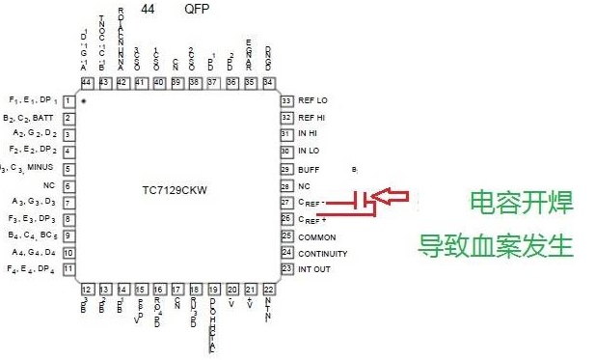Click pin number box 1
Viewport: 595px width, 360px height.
pos(69,100)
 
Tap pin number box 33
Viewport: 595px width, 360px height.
pos(286,100)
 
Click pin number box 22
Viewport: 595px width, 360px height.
pos(268,289)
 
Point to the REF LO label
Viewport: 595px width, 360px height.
pos(313,100)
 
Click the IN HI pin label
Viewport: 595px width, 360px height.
pos(309,134)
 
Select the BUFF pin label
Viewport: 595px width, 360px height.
pos(308,169)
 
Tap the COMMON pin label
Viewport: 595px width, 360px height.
pos(316,236)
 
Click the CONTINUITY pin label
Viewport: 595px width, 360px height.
pos(322,253)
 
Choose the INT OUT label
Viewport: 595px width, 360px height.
pos(313,269)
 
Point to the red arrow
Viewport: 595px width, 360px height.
pos(395,198)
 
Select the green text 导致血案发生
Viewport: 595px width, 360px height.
pos(496,245)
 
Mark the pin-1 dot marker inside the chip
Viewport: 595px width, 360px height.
pos(85,101)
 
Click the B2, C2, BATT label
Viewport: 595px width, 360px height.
pos(30,118)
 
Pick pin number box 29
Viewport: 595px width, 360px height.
pos(286,169)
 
